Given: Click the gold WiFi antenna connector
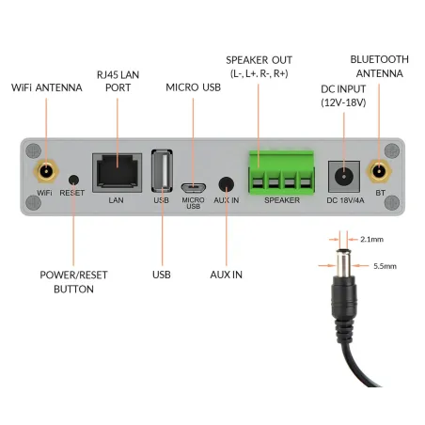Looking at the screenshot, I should (44, 172).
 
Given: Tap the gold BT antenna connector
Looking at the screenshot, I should (380, 172).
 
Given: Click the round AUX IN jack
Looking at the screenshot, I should (226, 184).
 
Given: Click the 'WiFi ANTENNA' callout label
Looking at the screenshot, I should (46, 87).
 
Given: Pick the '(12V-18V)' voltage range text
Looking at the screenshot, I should (342, 102).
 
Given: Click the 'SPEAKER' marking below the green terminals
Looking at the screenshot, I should (281, 200).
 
